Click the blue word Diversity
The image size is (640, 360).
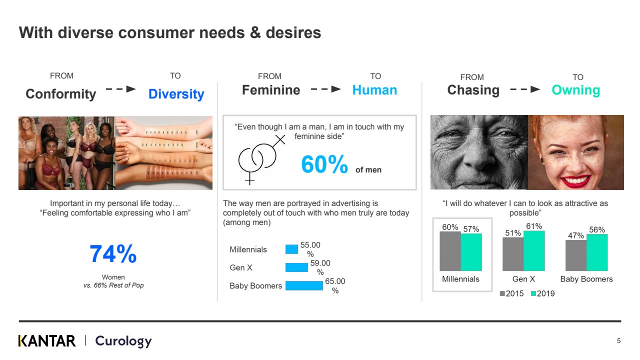point(176,94)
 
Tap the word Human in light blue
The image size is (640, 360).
point(374,90)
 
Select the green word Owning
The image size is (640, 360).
point(575,90)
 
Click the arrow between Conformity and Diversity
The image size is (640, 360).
point(120,89)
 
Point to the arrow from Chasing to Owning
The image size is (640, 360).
point(525,89)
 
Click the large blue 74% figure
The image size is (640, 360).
point(113,253)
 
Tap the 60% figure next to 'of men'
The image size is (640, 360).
point(324,164)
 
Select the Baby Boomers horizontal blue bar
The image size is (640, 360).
point(304,285)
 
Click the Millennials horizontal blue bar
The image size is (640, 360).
point(291,249)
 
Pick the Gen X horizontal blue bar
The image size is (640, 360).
point(296,267)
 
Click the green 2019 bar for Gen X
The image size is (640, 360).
point(534,251)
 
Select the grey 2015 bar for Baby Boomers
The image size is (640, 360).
point(576,255)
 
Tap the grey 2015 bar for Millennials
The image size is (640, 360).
point(450,251)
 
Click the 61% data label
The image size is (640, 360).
point(534,226)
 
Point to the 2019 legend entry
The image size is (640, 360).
point(542,293)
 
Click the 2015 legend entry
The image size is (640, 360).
point(511,293)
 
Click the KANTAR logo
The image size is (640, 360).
point(47,341)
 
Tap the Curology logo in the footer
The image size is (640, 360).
point(123,341)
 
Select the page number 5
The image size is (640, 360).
point(618,340)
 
